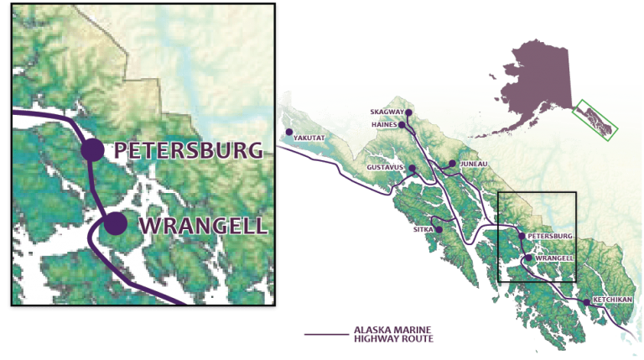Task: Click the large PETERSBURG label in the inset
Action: coord(189,150)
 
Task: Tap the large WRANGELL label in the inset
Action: coord(201,225)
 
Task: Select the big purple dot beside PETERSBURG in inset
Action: coord(92,150)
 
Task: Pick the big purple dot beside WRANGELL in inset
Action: coord(115,224)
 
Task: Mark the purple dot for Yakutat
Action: coord(289,133)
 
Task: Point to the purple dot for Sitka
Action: coord(439,228)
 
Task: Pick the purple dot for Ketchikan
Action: coord(585,301)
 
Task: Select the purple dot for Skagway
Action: coord(409,112)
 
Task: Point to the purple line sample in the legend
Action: coord(328,334)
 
